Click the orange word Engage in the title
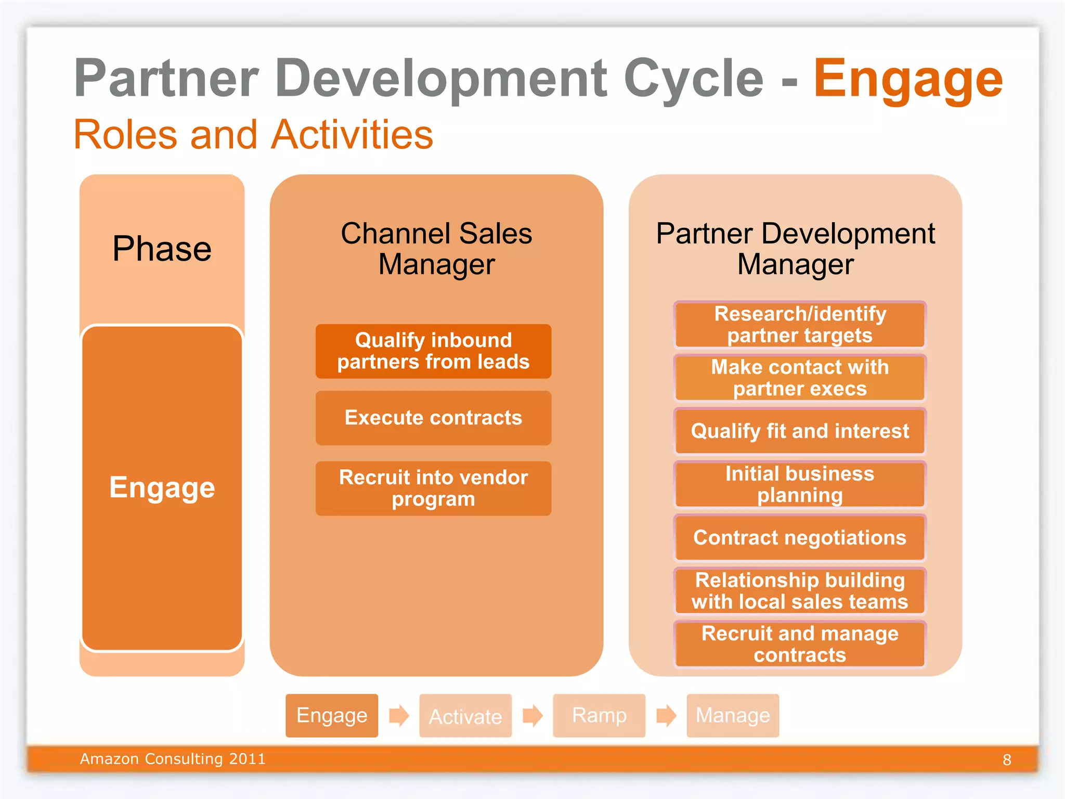(x=907, y=79)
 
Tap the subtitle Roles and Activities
(x=253, y=135)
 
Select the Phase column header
(x=162, y=249)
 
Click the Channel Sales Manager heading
(x=436, y=249)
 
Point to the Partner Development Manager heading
(x=795, y=249)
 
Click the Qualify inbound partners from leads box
(x=433, y=351)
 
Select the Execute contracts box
(x=433, y=418)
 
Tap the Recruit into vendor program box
(x=433, y=488)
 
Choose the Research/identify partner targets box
(x=800, y=325)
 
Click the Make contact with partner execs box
(x=800, y=378)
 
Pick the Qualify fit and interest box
(x=800, y=431)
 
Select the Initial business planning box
(x=800, y=484)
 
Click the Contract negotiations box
(x=800, y=537)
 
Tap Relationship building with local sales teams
(x=800, y=591)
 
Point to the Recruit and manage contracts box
(x=800, y=644)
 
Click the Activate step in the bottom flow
(x=465, y=716)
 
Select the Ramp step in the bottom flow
(x=599, y=716)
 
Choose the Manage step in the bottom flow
(x=733, y=716)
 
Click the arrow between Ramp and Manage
(x=666, y=716)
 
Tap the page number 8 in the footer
(x=1007, y=760)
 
